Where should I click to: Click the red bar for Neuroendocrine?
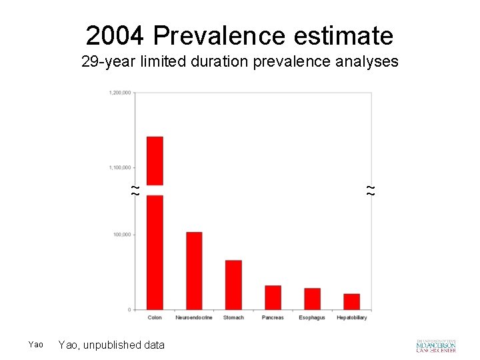194,271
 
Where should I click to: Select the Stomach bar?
233,285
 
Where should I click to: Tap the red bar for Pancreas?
273,297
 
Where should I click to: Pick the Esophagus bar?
312,299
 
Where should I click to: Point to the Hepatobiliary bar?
351,301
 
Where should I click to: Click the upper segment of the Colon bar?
155,160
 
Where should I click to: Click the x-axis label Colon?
155,318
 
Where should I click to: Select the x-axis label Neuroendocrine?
194,318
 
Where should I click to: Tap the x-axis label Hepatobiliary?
351,318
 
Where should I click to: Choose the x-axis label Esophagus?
312,318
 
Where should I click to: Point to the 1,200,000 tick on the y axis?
119,93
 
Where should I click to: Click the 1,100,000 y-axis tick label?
119,167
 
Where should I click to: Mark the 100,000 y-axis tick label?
121,235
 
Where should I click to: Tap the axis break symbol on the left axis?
135,190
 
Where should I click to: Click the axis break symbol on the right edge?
371,190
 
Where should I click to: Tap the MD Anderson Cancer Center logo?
436,345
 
